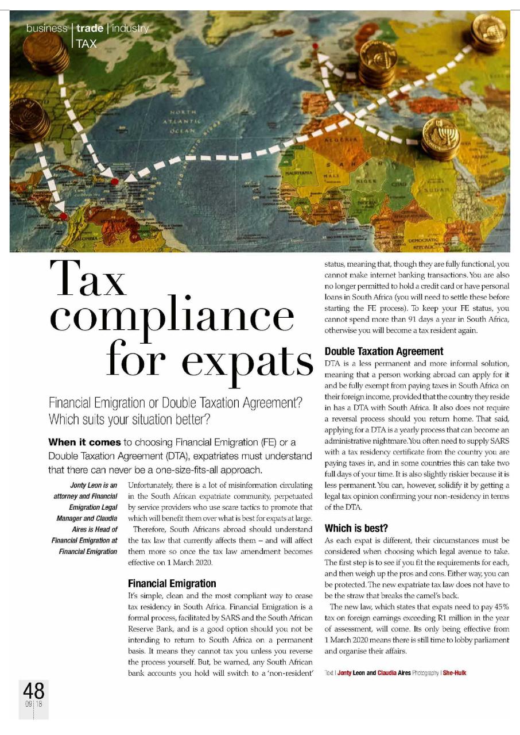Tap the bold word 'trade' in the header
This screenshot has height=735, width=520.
90,28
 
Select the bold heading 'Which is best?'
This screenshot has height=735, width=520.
356,528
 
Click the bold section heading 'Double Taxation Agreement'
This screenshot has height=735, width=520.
384,351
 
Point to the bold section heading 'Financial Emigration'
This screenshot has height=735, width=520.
172,583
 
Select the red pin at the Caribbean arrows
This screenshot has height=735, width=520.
114,182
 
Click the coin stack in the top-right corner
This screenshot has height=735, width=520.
487,32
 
